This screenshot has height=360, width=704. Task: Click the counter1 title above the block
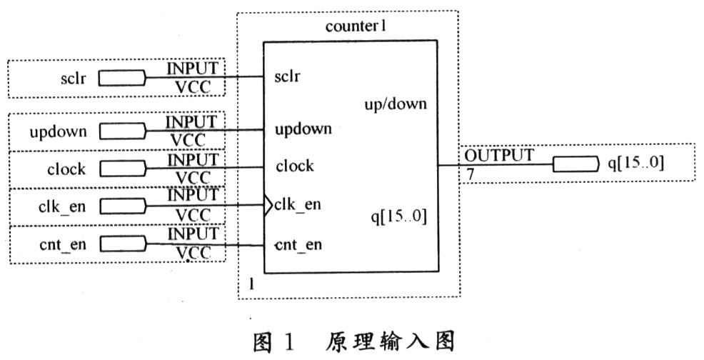[x=356, y=26]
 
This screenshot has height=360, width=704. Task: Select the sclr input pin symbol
[x=122, y=78]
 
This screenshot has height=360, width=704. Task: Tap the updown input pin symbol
[x=122, y=131]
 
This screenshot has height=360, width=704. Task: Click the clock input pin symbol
[x=122, y=169]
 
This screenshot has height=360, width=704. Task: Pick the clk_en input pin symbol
[x=122, y=206]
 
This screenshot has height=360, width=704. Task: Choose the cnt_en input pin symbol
[x=122, y=244]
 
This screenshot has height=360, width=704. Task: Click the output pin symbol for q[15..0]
[x=576, y=164]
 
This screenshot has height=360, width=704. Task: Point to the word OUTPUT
[x=498, y=156]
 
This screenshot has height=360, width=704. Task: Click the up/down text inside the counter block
[x=395, y=104]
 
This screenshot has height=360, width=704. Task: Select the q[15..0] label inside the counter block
[x=398, y=216]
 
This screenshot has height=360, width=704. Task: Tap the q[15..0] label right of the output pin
[x=635, y=162]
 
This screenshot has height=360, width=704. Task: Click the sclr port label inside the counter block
[x=287, y=76]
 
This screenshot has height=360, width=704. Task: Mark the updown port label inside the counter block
[x=303, y=129]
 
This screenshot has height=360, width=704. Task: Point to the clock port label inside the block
[x=295, y=166]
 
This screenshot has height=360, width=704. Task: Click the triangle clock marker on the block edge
[x=268, y=206]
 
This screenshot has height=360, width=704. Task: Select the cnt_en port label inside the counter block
[x=298, y=245]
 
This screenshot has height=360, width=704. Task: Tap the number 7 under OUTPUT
[x=470, y=174]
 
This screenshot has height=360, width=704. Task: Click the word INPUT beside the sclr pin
[x=193, y=69]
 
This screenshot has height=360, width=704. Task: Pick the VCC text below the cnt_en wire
[x=193, y=254]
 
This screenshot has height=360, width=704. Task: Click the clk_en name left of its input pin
[x=62, y=207]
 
